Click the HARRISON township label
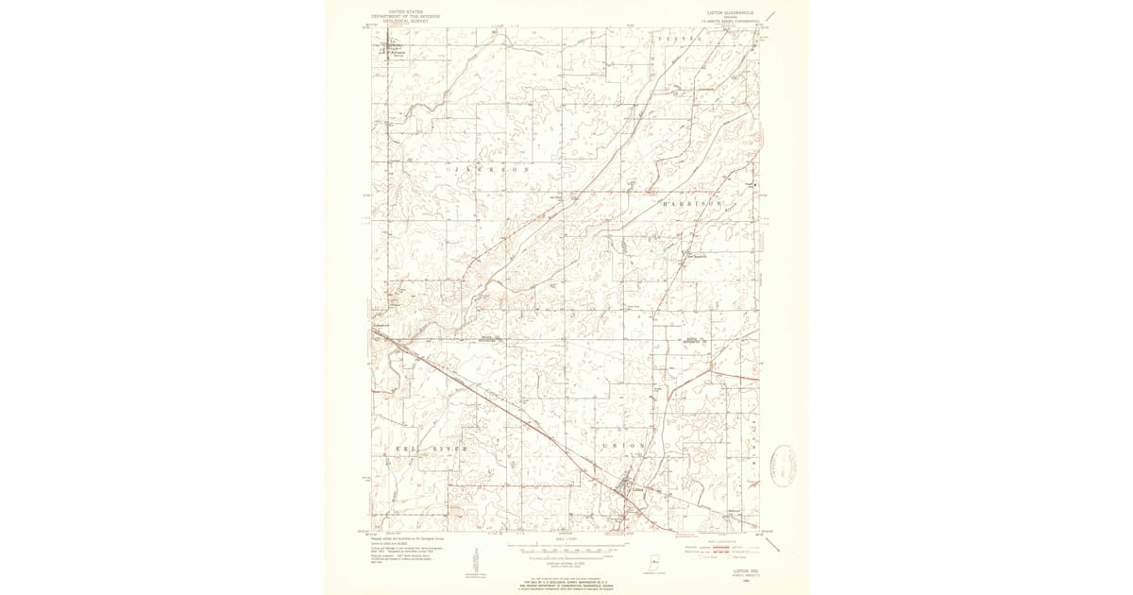pos(692,203)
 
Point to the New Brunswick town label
pos(694,254)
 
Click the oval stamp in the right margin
pos(782,465)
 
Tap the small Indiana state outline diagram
pos(652,558)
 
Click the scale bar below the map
pos(566,546)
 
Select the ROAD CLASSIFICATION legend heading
pos(722,540)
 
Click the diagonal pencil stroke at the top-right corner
pos(771,16)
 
